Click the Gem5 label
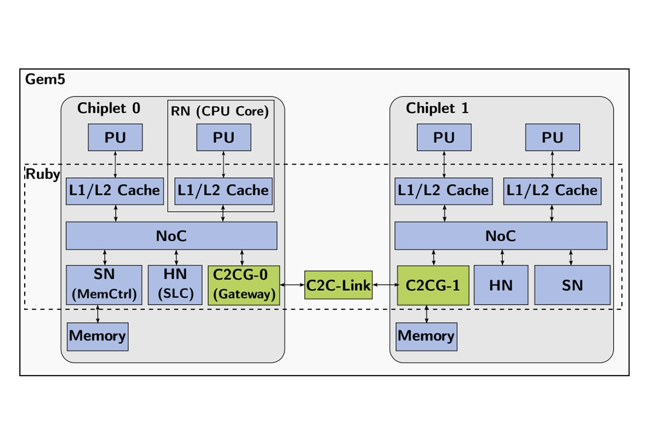click(x=45, y=79)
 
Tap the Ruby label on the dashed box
click(x=42, y=175)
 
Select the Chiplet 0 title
click(x=109, y=108)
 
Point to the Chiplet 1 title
click(x=437, y=108)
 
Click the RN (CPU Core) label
click(x=220, y=112)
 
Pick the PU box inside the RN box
click(x=224, y=137)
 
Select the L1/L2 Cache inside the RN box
click(x=223, y=191)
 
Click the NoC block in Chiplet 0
click(x=171, y=236)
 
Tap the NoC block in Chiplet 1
click(x=500, y=236)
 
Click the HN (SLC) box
click(x=175, y=285)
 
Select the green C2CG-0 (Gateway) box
click(x=243, y=285)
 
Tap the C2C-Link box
click(x=338, y=285)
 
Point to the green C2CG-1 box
click(x=433, y=285)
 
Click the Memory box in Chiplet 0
click(x=98, y=336)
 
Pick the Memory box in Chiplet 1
click(x=426, y=336)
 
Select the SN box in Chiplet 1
click(x=572, y=285)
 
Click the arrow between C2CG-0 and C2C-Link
click(x=292, y=285)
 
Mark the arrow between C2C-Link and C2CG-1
click(x=385, y=285)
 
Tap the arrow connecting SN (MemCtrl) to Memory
click(x=98, y=314)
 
